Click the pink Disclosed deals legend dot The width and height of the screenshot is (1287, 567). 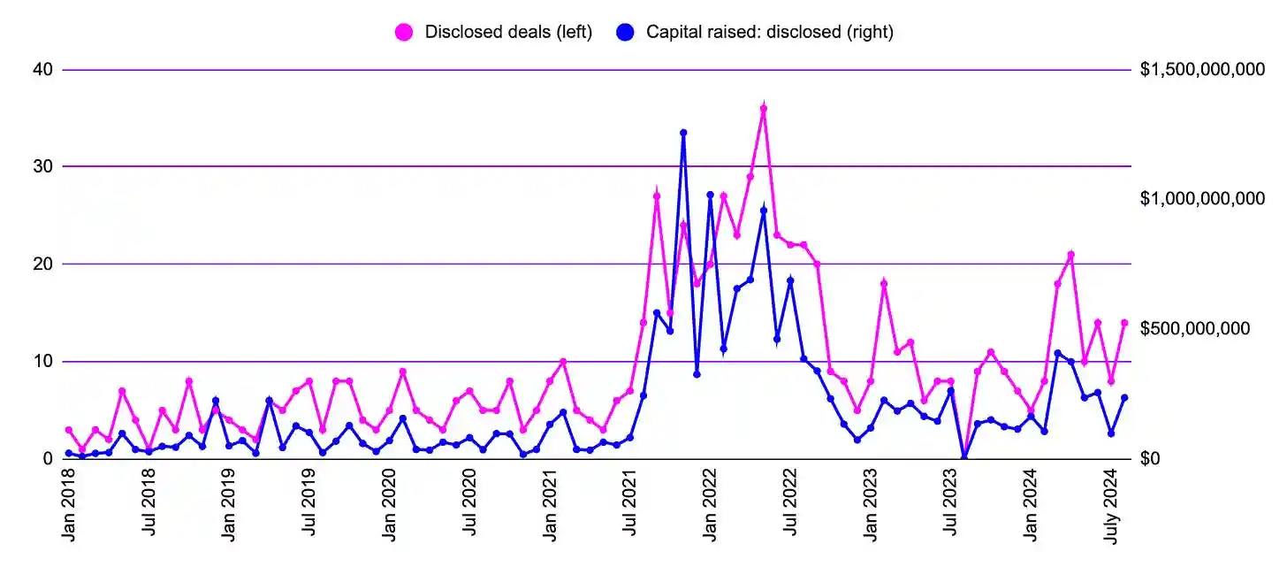tap(404, 33)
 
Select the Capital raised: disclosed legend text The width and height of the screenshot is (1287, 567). tap(770, 33)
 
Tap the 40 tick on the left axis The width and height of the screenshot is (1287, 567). tap(42, 70)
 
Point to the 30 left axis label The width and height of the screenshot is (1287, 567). tap(42, 166)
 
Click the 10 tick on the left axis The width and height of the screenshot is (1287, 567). tap(42, 361)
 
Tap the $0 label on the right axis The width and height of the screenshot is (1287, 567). tap(1152, 458)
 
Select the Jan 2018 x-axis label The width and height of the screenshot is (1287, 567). tap(69, 504)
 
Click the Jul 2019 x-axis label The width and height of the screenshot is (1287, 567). tap(309, 504)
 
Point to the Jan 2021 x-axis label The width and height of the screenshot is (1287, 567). tap(550, 504)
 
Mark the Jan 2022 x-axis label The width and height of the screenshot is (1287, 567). tap(710, 504)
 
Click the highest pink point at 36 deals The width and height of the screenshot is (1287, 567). tap(764, 109)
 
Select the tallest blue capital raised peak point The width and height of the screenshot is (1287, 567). tap(683, 133)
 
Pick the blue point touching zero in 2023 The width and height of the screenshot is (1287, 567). tap(964, 457)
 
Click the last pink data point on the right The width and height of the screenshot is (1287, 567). tap(1124, 323)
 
